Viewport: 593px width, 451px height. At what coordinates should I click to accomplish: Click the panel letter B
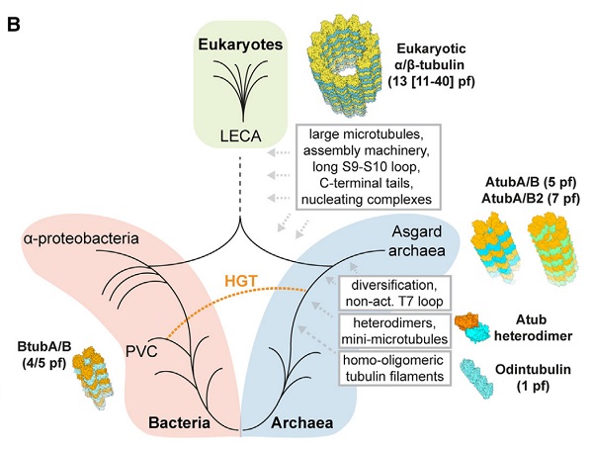point(16,18)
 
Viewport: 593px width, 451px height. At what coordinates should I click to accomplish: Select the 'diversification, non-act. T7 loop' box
point(391,284)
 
